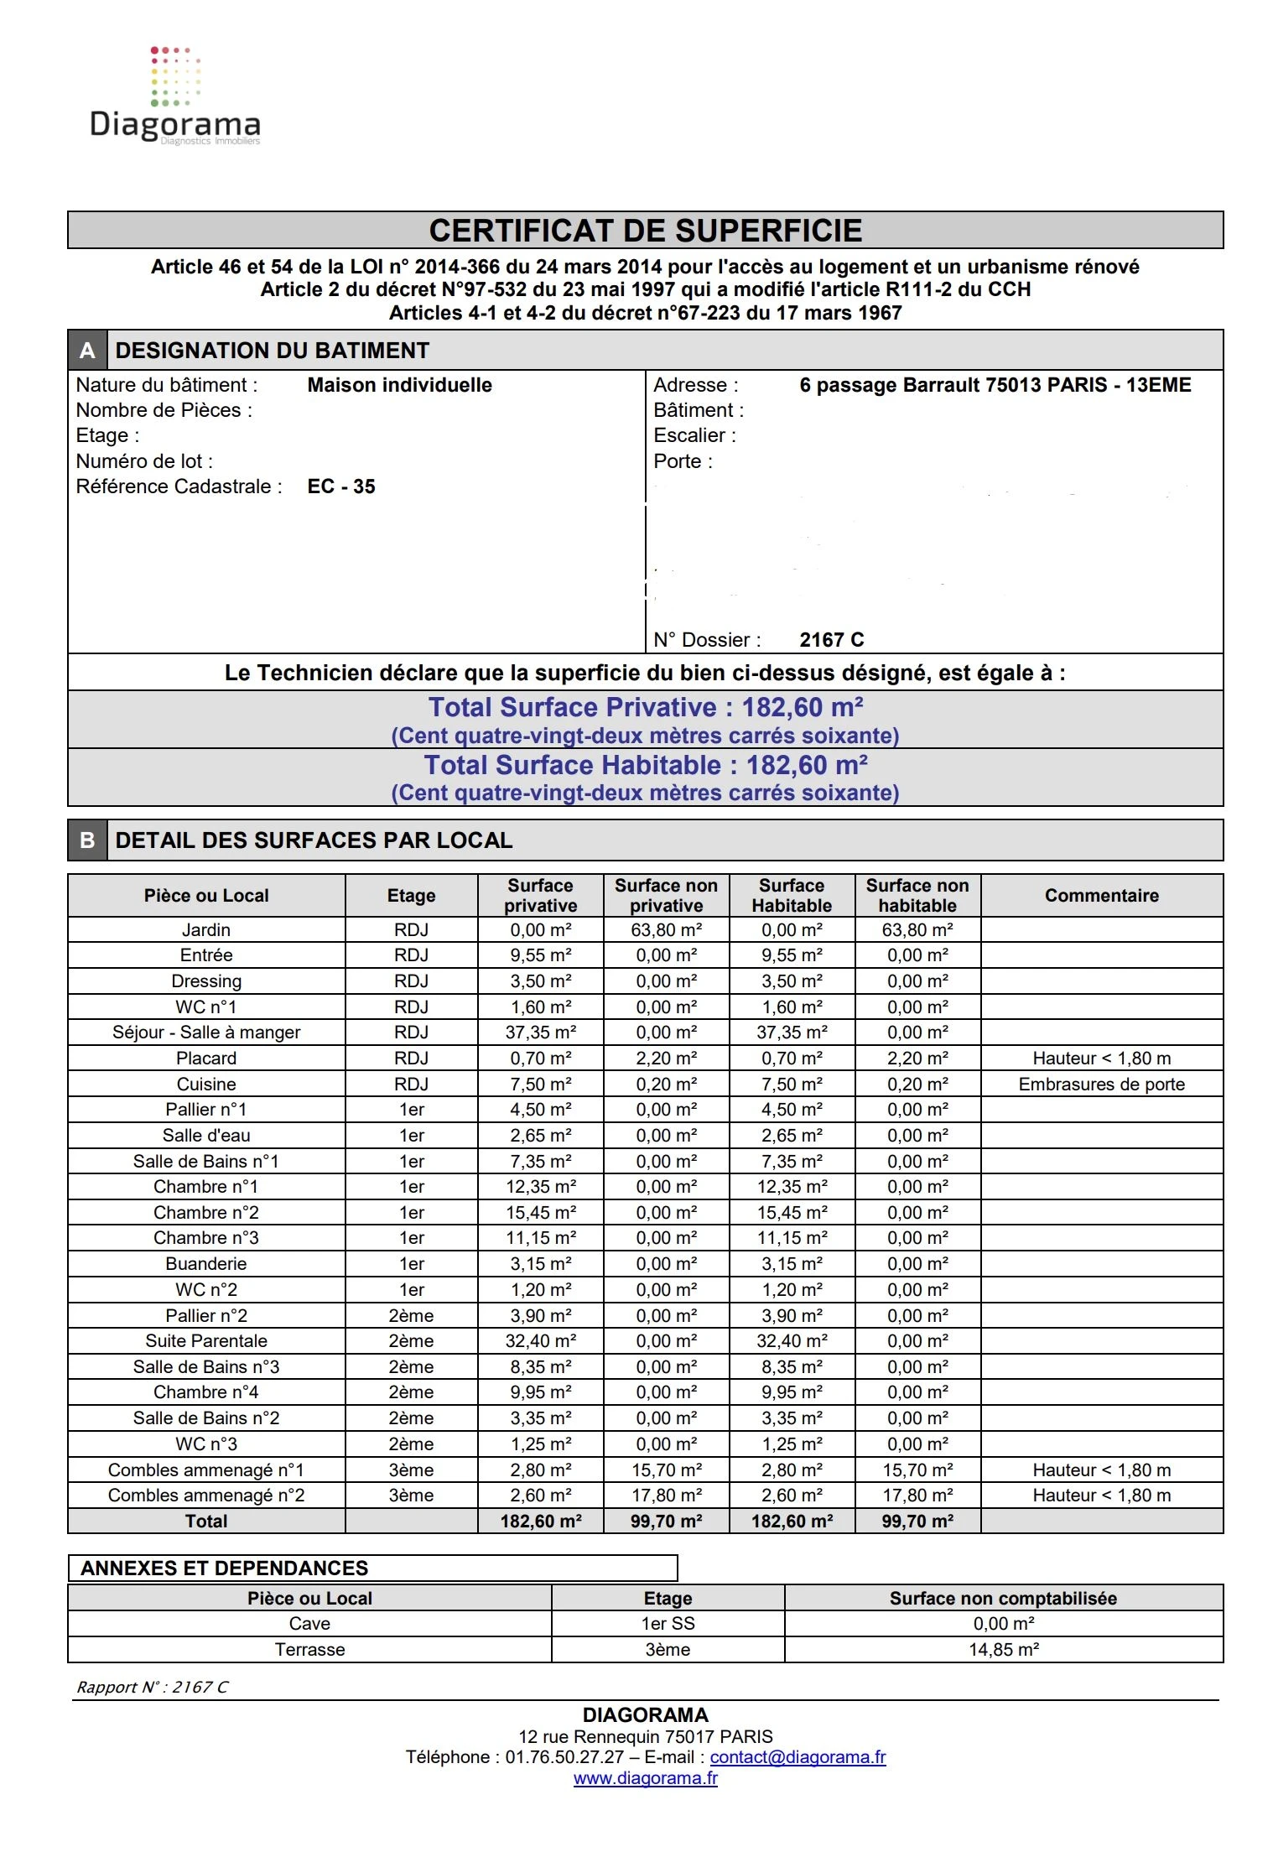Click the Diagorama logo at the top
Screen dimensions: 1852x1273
(x=174, y=96)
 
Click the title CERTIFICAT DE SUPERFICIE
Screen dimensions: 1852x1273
(x=645, y=231)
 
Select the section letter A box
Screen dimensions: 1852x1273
(x=87, y=351)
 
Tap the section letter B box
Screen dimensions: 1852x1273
(x=87, y=840)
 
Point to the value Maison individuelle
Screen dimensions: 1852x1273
(x=399, y=385)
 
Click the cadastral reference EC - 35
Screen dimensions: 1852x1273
(x=341, y=486)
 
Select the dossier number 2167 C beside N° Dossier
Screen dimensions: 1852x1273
(x=831, y=640)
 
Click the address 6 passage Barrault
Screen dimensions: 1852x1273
(x=995, y=385)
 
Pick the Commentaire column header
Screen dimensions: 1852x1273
(x=1101, y=896)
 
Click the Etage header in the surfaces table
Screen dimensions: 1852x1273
(x=411, y=896)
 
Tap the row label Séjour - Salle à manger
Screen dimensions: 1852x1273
(x=206, y=1033)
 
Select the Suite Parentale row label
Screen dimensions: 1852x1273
(x=206, y=1341)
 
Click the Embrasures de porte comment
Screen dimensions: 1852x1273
(x=1101, y=1085)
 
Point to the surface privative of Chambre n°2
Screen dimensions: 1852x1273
(x=541, y=1213)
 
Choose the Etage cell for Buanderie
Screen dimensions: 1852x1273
(x=411, y=1264)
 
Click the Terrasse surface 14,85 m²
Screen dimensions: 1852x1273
(x=1004, y=1650)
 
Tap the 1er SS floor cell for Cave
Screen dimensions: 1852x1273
(x=668, y=1624)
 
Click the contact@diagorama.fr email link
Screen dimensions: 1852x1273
(x=798, y=1757)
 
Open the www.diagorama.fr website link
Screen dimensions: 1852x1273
(x=645, y=1778)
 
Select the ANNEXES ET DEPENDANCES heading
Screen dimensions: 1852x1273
(x=225, y=1568)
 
